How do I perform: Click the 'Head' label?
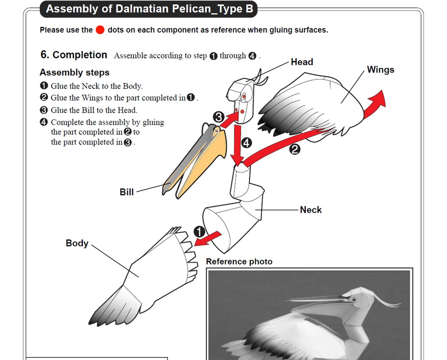302,62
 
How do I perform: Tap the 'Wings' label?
380,70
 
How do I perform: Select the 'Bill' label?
127,192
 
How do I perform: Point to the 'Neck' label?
311,210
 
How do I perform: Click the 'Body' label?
77,243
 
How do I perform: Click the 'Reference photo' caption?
239,261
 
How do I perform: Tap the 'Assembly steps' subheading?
74,72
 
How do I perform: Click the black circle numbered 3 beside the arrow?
218,117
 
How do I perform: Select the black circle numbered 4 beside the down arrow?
246,143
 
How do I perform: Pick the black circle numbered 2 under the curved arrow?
295,149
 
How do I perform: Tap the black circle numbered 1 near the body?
200,231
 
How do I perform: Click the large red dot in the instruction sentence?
100,30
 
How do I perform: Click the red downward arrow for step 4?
237,145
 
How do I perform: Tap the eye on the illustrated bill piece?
215,129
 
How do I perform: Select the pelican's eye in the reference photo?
354,300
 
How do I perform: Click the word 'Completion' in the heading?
80,55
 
